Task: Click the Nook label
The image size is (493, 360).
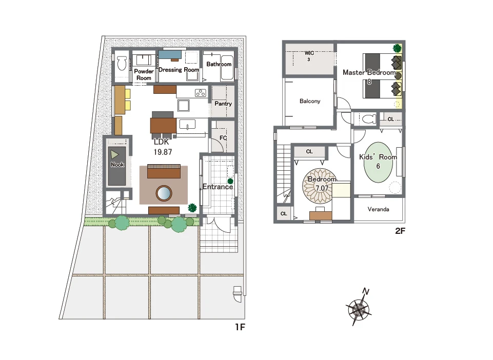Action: click(117, 165)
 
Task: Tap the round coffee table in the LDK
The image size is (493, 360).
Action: click(164, 193)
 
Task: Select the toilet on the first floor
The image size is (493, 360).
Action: click(122, 64)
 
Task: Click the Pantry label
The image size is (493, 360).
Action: click(223, 104)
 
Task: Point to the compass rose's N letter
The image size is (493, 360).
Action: click(365, 291)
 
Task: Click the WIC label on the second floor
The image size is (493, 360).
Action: click(309, 53)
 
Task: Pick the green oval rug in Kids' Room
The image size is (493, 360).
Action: click(378, 162)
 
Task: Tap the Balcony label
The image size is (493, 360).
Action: click(310, 101)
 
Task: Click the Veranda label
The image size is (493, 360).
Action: click(378, 209)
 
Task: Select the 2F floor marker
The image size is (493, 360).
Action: click(400, 231)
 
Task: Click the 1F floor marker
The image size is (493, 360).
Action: click(240, 327)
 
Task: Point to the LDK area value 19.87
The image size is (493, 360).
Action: click(163, 152)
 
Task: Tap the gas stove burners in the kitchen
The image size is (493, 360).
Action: click(200, 93)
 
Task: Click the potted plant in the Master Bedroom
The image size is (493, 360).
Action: click(397, 48)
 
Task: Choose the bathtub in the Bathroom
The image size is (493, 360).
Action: click(227, 67)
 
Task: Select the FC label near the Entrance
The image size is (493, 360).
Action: click(223, 138)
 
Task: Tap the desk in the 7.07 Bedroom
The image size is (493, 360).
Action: click(321, 215)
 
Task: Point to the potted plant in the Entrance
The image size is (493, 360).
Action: click(230, 181)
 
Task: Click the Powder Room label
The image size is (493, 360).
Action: click(144, 74)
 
